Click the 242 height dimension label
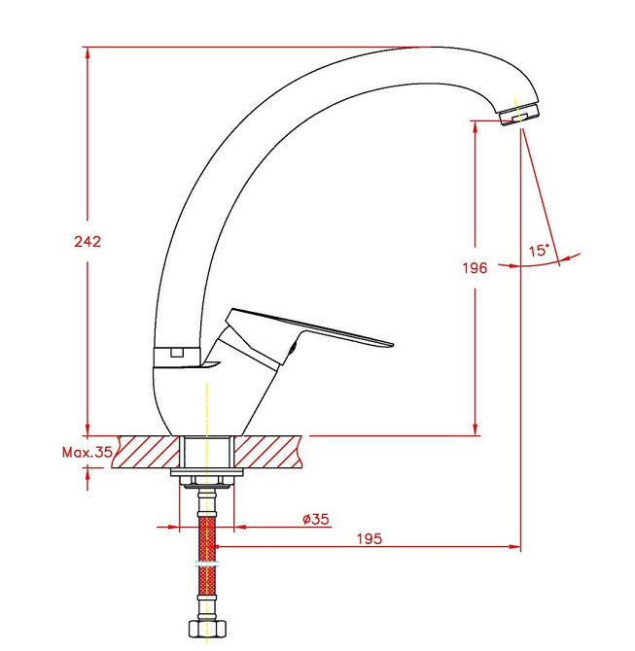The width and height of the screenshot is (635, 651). [x=88, y=241]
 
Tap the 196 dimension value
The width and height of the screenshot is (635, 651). [x=475, y=268]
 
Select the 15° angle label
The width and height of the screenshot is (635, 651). [x=539, y=251]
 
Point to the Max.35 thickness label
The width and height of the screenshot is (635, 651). [x=88, y=452]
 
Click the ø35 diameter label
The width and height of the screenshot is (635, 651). [x=315, y=519]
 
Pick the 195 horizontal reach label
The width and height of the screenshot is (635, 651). [x=370, y=539]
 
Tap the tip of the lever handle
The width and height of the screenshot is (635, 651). [x=392, y=344]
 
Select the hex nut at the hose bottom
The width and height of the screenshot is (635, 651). [x=208, y=629]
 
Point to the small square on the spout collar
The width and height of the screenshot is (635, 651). [x=177, y=353]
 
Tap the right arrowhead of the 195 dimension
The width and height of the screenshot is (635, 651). [x=514, y=547]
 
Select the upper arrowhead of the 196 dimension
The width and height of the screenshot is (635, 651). [x=476, y=127]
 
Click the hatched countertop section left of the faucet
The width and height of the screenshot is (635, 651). [x=146, y=452]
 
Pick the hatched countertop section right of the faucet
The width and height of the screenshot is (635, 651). [x=268, y=452]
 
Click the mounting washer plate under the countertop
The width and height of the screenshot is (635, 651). [x=207, y=472]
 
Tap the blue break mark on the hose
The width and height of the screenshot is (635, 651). [x=206, y=565]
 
